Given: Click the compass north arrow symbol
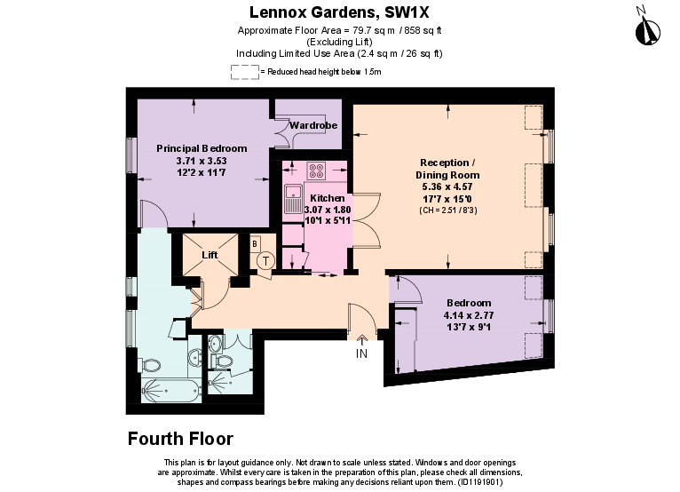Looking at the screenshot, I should pos(646,28).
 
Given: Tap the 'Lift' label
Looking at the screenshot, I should pos(210,255).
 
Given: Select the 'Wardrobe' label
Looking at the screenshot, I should pos(306,126).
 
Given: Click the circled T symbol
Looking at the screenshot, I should pos(265,260).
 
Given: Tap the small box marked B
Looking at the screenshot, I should pos(255,242).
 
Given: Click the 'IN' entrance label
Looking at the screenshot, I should pos(361,353).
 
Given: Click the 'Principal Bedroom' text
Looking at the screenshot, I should pos(202,148).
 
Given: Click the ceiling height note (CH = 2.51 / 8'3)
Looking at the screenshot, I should pos(447,210).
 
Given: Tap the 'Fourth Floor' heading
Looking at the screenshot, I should pos(180,439).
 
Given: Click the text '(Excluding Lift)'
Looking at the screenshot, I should pos(339,42).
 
